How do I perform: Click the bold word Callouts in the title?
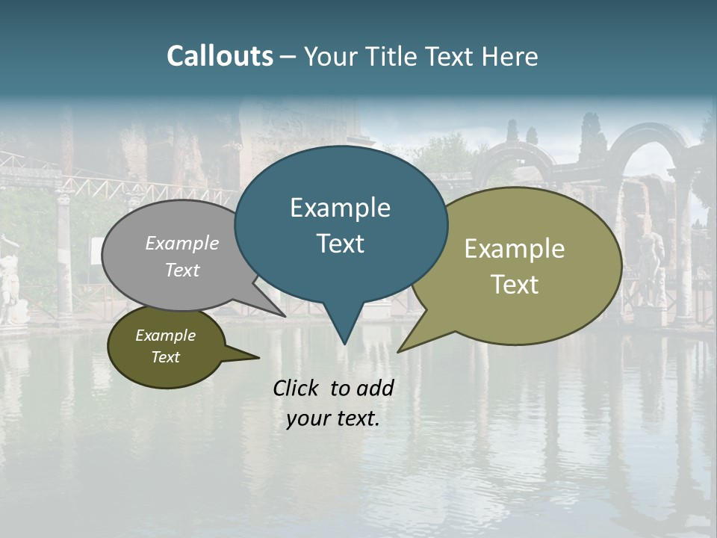(220, 57)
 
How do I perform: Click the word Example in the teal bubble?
(340, 208)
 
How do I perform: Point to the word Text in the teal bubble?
(340, 243)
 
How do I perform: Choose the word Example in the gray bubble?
(182, 243)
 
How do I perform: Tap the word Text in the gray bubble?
(182, 270)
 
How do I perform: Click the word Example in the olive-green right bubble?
(515, 249)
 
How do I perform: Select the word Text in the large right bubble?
(515, 284)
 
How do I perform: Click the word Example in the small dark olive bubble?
(165, 336)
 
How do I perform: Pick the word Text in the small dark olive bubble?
(165, 357)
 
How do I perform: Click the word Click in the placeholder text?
(297, 388)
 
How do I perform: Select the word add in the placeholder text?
(375, 388)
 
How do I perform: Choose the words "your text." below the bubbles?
(332, 418)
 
